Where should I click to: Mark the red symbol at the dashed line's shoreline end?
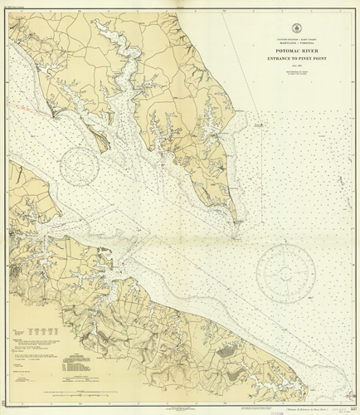54,117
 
